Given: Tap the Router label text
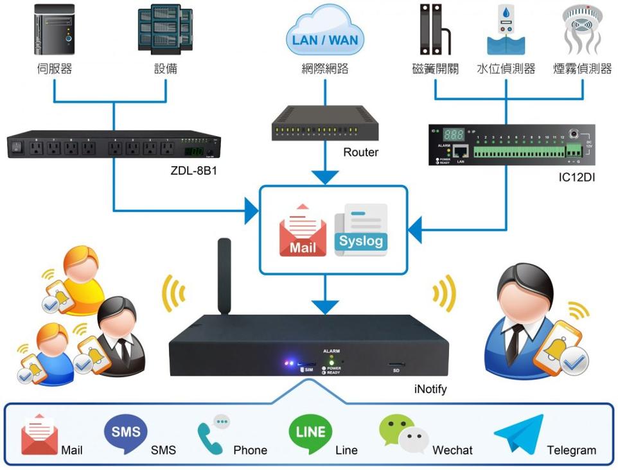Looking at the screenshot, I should [360, 152].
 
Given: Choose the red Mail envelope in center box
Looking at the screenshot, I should [302, 231].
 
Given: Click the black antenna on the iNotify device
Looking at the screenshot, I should [224, 276].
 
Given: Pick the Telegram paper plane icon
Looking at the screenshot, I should [518, 435].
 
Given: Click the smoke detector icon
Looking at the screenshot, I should [582, 29].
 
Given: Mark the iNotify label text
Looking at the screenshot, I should [430, 389].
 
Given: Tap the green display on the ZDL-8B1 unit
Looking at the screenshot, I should [193, 152].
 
